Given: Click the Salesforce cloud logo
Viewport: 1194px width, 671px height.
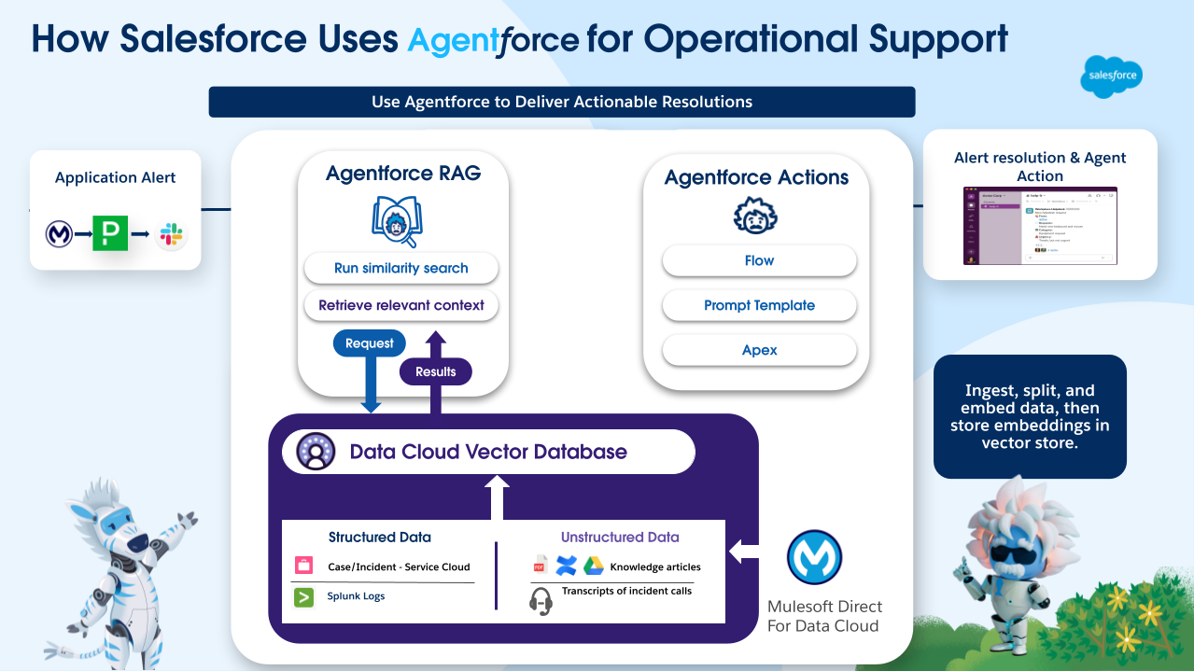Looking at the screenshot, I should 1110,76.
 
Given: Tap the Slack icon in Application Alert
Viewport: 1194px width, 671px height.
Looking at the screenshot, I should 171,234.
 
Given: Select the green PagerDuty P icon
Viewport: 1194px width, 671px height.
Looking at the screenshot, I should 110,233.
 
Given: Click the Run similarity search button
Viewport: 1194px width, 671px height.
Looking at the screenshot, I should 400,268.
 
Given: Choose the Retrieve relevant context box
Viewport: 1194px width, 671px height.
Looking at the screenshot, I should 400,305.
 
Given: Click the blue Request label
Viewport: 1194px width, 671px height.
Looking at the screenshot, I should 370,343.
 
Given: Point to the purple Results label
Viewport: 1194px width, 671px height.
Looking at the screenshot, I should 435,371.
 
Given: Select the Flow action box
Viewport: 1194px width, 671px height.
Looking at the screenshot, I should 759,260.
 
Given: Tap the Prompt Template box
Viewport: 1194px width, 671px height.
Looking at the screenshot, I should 759,305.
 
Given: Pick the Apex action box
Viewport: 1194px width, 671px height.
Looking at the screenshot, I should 759,350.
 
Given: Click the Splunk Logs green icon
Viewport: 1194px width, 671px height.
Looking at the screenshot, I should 304,596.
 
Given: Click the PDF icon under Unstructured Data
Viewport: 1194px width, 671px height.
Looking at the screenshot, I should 540,566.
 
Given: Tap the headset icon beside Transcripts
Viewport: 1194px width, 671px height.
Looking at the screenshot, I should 541,600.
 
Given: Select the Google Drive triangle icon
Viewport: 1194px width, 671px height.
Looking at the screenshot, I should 594,566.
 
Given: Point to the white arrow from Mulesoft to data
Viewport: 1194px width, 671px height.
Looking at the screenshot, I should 744,552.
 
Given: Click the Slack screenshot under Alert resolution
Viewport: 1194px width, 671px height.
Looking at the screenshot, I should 1040,226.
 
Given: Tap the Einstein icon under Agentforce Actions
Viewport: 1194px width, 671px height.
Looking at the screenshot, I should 756,216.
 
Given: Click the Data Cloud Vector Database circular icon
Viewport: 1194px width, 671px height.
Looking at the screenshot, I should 316,452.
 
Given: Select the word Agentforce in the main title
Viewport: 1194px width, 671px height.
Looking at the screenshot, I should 494,40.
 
